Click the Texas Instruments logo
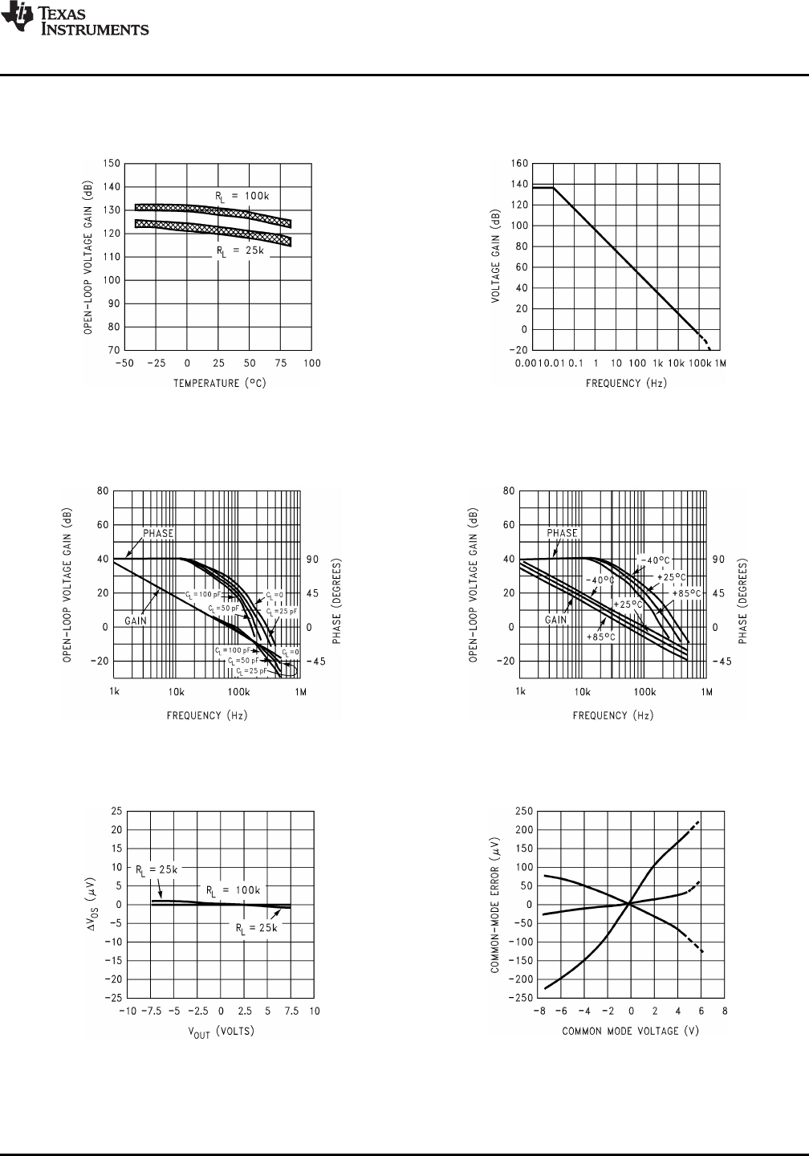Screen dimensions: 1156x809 pos(75,22)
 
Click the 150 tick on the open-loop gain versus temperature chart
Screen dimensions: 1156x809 pos(112,164)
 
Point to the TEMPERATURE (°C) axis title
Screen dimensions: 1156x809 pos(220,383)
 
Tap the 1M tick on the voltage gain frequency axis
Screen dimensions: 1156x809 pos(720,363)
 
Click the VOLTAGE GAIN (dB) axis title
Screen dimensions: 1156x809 pos(498,257)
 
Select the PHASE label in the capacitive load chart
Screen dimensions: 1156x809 pos(158,533)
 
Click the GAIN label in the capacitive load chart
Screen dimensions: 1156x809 pos(136,621)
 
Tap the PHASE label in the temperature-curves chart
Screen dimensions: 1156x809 pos(562,533)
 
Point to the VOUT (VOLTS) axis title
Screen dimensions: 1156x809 pos(220,1032)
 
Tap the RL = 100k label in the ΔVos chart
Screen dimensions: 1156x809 pos(234,890)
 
